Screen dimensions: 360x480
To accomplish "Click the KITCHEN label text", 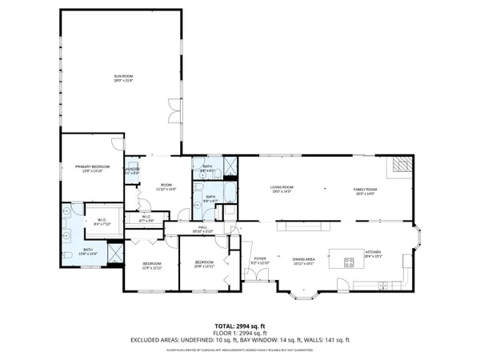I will point(374,254).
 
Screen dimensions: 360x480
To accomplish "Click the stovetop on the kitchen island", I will point(348,260).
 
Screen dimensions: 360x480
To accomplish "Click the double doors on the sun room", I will point(174,105).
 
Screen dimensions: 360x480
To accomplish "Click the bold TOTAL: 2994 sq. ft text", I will point(240,326).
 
